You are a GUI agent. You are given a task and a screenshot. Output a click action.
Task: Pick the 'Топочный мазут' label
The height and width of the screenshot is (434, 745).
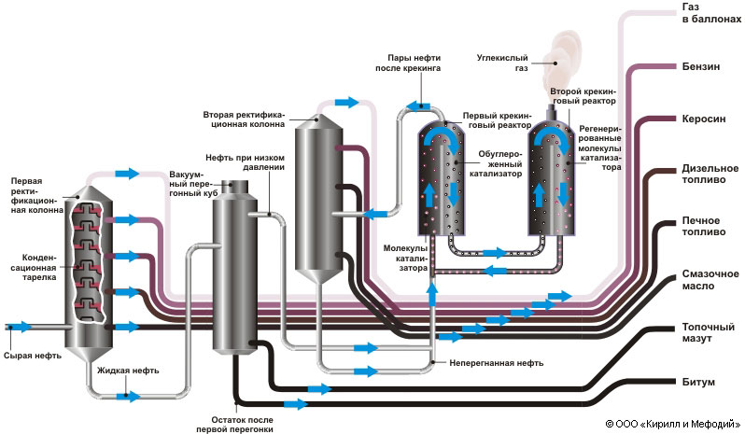pos(703,332)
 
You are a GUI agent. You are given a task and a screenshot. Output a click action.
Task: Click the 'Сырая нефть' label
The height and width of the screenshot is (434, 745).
pos(33,356)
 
